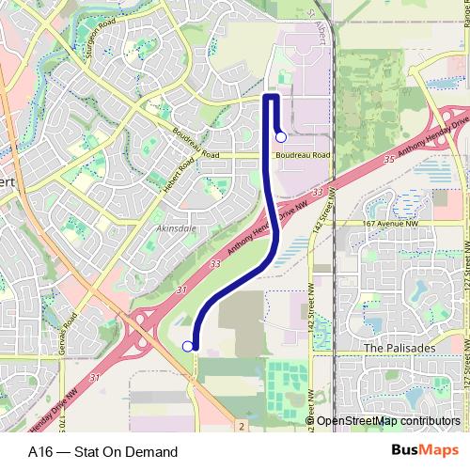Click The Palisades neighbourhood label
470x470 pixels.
(x=395, y=347)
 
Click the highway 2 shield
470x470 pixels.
(x=243, y=426)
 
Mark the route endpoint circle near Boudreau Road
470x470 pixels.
(x=280, y=137)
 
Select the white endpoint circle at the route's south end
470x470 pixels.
(x=187, y=347)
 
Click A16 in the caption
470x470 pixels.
(x=42, y=451)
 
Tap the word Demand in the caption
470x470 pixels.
(x=152, y=451)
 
